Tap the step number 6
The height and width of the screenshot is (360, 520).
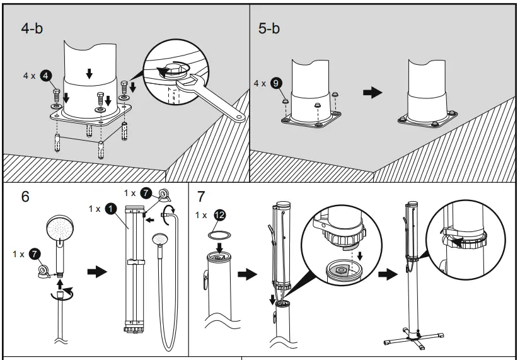25,196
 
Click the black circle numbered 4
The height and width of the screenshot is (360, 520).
45,76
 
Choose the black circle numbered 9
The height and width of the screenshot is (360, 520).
276,83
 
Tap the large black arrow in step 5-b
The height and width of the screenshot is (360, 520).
373,92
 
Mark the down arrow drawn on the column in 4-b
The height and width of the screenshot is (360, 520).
89,74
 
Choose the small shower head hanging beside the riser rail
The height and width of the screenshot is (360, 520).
160,242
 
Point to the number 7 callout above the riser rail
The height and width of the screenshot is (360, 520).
146,193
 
